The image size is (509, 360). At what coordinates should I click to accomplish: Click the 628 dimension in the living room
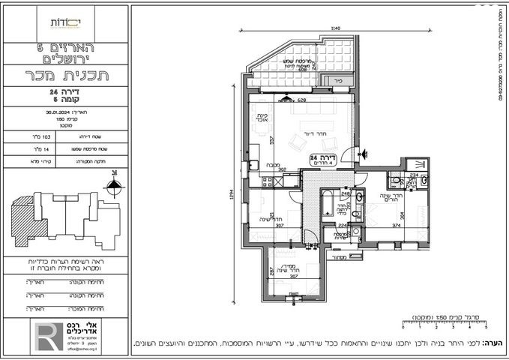click(x=301, y=100)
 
